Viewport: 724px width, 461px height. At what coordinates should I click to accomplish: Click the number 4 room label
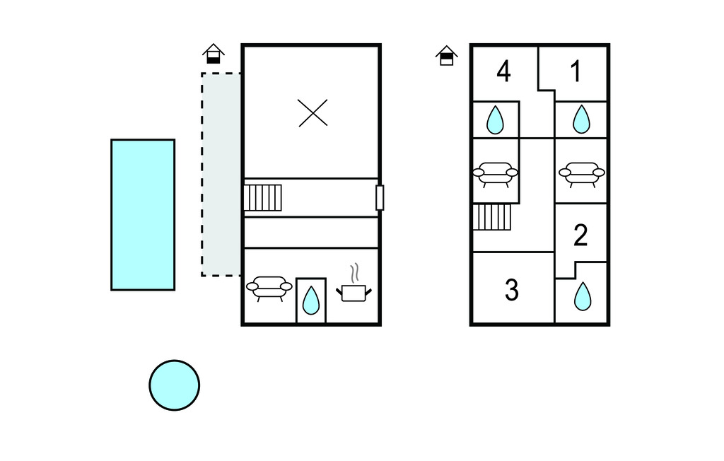[503, 71]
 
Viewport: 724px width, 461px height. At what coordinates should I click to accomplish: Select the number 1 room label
[576, 71]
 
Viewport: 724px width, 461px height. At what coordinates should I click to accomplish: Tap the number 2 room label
[580, 235]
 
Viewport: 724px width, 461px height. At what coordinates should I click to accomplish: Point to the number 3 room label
[512, 289]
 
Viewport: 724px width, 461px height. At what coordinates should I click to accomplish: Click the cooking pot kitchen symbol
[354, 290]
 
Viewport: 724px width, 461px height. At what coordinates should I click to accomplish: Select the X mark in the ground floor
[313, 112]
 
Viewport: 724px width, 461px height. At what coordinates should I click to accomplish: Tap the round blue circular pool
[174, 385]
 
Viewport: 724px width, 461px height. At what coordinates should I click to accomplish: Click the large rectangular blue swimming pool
[143, 214]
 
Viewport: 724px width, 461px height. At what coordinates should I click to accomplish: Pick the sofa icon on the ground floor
[269, 286]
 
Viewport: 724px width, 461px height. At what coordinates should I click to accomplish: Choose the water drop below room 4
[496, 120]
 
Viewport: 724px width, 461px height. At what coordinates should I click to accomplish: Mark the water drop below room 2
[582, 296]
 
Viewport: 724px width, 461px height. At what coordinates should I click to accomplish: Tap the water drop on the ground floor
[311, 300]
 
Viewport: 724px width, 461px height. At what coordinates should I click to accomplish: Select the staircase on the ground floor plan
[263, 197]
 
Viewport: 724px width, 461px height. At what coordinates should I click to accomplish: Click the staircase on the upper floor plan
[492, 217]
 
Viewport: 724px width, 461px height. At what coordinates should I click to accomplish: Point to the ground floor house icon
[214, 54]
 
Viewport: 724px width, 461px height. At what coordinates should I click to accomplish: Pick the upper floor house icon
[446, 55]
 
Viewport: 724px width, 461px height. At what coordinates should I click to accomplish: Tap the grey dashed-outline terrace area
[221, 174]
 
